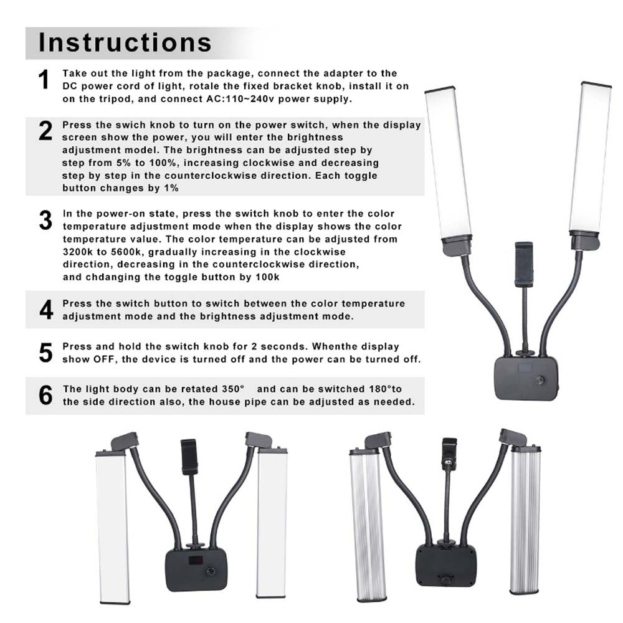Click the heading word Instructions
coord(125,42)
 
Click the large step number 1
coord(44,80)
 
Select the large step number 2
coord(45,131)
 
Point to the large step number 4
coord(46,310)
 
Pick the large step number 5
coord(45,353)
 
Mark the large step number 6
coord(45,396)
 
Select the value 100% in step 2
coord(163,163)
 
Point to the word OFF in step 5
coord(105,359)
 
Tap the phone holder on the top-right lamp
coord(524,264)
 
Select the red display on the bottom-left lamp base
coord(196,560)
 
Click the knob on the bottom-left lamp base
coord(210,571)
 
